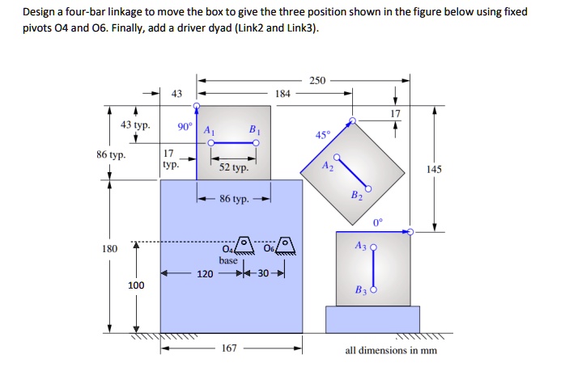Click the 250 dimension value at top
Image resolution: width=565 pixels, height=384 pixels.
pos(317,80)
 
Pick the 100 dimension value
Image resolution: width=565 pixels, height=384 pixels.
pos(136,285)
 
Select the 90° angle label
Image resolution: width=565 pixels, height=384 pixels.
pos(185,128)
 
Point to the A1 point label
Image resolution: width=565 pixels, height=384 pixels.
pos(209,130)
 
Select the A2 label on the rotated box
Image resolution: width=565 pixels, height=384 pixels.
pos(326,166)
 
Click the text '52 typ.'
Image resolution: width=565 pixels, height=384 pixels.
pos(234,168)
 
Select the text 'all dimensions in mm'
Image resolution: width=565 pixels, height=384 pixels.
pos(391,350)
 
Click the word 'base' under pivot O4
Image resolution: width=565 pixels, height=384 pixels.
pos(228,260)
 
